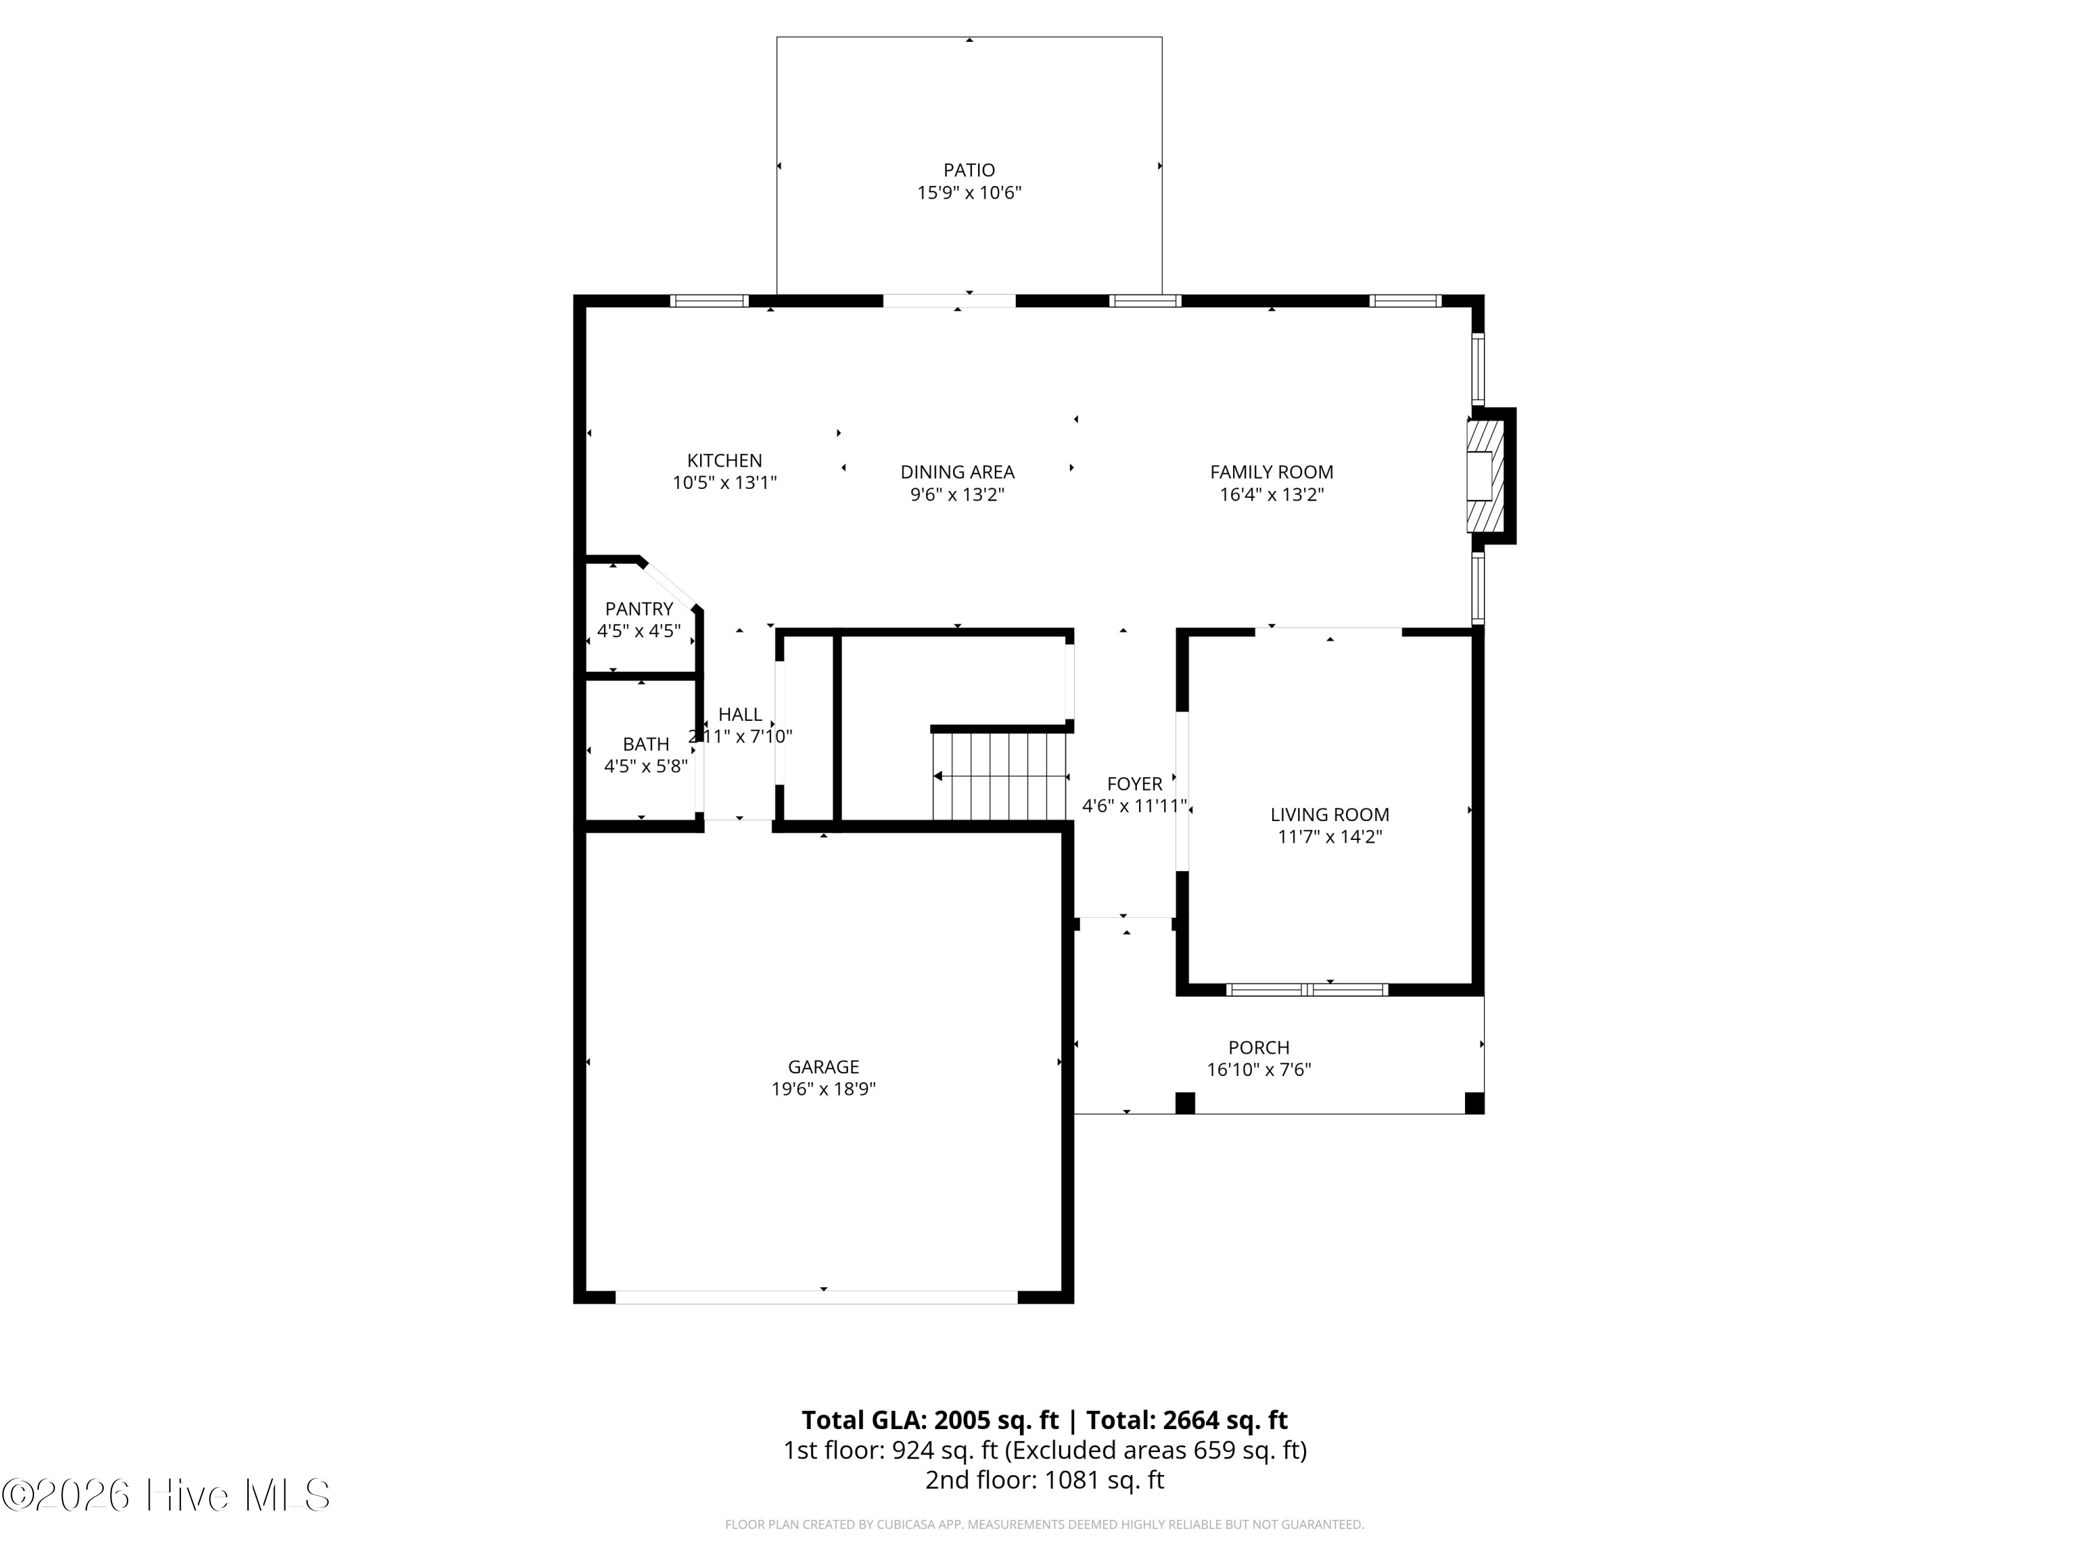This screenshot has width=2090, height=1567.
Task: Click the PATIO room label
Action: coord(968,170)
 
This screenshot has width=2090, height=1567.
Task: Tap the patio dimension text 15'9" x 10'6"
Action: coord(968,193)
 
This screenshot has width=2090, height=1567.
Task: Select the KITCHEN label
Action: coord(724,460)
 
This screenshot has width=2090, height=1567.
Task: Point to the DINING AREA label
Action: coord(957,471)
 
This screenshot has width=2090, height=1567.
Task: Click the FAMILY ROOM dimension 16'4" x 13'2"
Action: coord(1271,494)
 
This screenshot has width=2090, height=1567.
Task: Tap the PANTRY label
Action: coord(639,608)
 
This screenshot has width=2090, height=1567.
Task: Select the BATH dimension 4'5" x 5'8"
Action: coord(645,766)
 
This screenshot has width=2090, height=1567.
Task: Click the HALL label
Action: coord(740,714)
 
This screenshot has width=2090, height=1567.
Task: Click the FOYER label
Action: coord(1133,783)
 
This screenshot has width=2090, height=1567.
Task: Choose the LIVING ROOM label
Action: coord(1329,814)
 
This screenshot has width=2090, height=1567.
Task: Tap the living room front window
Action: coord(1307,990)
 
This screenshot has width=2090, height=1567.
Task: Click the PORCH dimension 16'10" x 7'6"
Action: coord(1259,1069)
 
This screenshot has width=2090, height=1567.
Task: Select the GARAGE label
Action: coord(823,1066)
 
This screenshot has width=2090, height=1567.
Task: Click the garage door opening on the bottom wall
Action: coord(816,1297)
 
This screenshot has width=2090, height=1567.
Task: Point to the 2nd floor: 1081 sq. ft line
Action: coord(1044,1480)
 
